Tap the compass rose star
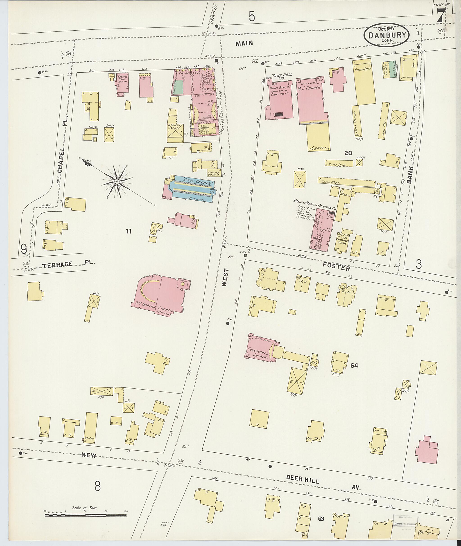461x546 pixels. tap(117, 181)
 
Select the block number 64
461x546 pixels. tap(354, 365)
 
